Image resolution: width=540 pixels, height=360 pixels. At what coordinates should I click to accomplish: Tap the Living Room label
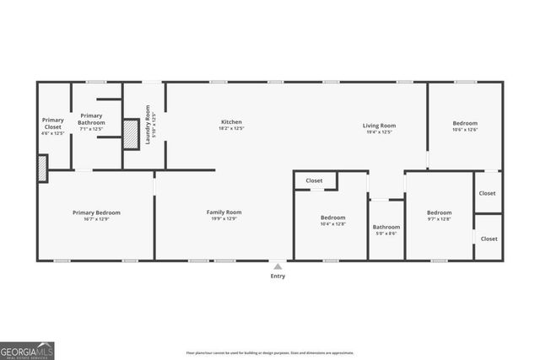click(x=381, y=126)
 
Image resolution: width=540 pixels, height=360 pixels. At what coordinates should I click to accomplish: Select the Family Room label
click(x=224, y=212)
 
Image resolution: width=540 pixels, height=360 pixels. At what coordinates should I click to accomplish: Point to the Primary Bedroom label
click(x=96, y=212)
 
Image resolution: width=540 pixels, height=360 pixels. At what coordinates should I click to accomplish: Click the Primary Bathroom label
click(x=92, y=119)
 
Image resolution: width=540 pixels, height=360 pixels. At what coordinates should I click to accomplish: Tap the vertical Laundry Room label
click(x=148, y=125)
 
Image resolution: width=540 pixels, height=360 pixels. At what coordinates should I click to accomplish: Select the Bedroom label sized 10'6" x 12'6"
click(x=465, y=123)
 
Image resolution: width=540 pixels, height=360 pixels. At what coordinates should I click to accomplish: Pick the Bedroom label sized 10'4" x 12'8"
click(x=333, y=218)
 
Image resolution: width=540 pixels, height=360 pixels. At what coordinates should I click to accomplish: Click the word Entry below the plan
click(x=278, y=276)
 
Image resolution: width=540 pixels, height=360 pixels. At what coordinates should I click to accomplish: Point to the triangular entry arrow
click(x=278, y=266)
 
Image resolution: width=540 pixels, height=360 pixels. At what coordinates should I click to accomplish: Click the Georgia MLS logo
click(x=27, y=348)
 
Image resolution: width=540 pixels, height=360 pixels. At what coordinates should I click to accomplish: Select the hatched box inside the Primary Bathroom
click(x=131, y=136)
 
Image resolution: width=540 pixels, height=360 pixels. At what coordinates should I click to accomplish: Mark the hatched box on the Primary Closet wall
click(x=42, y=168)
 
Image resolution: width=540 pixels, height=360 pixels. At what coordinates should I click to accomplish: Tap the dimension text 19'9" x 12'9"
click(x=224, y=218)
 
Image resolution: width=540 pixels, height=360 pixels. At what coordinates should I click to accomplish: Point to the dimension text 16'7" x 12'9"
click(x=96, y=218)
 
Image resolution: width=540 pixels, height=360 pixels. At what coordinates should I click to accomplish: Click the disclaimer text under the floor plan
click(x=270, y=352)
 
